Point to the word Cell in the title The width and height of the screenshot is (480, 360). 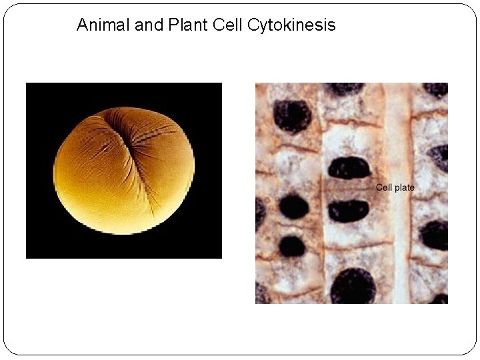click(227, 25)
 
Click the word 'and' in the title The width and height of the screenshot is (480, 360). click(141, 25)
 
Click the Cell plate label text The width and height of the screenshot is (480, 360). click(395, 187)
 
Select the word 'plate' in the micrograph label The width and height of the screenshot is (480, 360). click(404, 187)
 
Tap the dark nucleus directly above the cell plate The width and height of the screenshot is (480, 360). click(349, 167)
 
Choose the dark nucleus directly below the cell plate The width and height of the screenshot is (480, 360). click(348, 210)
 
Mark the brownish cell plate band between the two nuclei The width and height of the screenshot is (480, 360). click(347, 189)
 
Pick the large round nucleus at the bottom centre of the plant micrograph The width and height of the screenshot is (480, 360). click(353, 287)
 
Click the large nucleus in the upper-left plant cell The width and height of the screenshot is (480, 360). click(293, 115)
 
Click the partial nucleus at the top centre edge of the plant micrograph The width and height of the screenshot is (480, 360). click(344, 88)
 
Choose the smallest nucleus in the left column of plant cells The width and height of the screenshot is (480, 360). click(292, 247)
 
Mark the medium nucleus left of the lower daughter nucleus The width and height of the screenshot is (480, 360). click(293, 207)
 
